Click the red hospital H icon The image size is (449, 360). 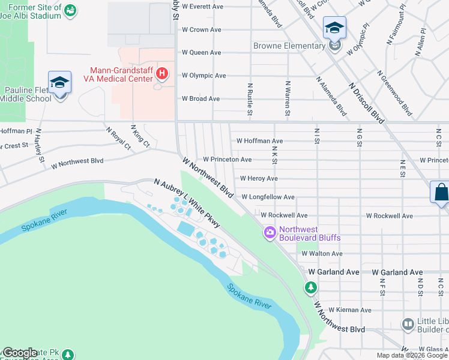tap(161, 74)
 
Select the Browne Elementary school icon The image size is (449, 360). tap(334, 28)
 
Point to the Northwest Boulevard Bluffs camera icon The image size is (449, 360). tap(270, 232)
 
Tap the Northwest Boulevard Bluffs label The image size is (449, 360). tap(310, 233)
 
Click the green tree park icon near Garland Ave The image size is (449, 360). tap(310, 288)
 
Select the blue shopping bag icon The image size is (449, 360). tap(441, 193)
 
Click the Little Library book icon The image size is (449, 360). tap(408, 325)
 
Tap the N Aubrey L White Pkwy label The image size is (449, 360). tap(187, 203)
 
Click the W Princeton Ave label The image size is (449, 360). tap(227, 160)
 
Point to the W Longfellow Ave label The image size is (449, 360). tap(268, 197)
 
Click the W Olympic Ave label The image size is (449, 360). tap(203, 76)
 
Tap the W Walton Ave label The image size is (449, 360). tap(322, 254)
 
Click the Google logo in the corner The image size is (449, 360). tap(20, 352)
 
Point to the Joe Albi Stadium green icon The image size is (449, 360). tap(70, 10)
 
